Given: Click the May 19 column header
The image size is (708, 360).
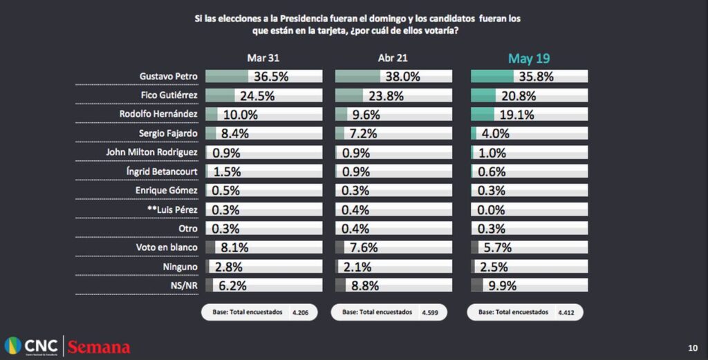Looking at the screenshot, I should coord(529,59).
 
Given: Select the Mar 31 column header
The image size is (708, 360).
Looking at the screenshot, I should coord(263,59).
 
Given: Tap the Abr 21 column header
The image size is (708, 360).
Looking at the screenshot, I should coord(393,59).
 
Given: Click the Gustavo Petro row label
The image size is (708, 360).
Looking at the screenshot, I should coord(169,77).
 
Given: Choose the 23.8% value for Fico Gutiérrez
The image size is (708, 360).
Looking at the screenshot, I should coord(386,96).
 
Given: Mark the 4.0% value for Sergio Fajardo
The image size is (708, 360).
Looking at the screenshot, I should coord(494,133).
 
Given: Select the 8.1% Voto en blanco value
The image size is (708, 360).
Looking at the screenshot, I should coord(234,247).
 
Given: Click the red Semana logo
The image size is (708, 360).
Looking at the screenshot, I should coord(99,346).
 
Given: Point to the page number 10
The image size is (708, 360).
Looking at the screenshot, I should coord(693,347).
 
